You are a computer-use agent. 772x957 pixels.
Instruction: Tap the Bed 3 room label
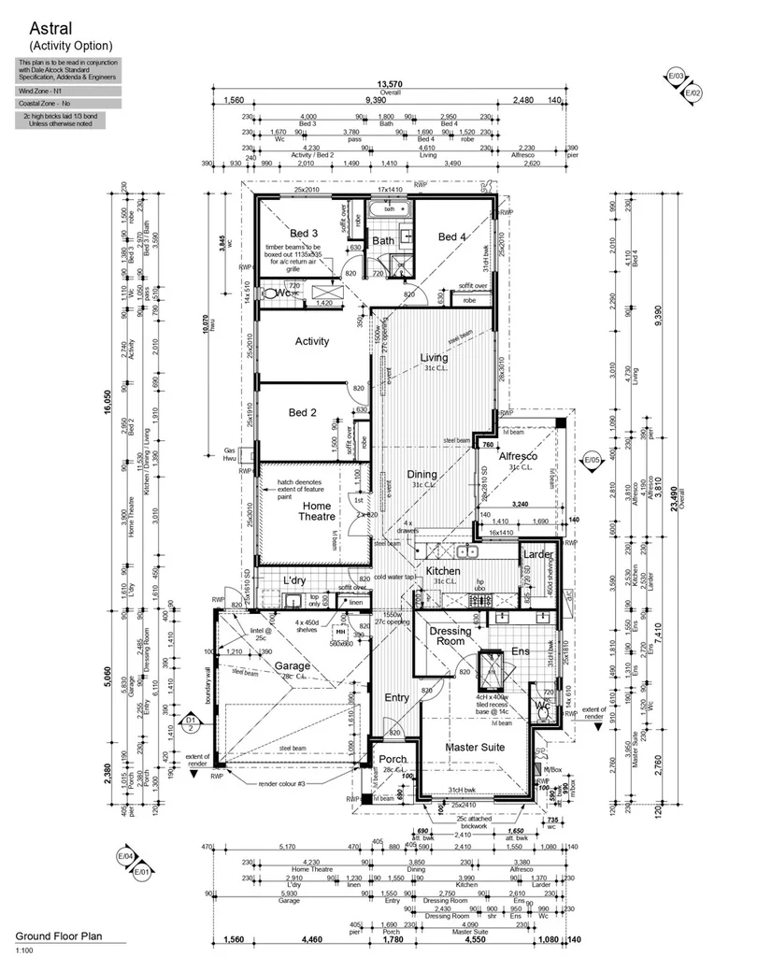tap(304, 233)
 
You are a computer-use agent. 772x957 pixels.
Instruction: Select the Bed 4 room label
tap(451, 237)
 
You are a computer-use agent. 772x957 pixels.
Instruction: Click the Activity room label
tap(311, 341)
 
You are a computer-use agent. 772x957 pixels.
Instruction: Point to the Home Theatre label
tap(317, 510)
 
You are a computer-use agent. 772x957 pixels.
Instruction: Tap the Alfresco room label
tap(516, 456)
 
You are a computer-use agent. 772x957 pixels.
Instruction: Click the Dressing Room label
tap(450, 636)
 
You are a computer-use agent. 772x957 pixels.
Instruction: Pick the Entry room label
tap(397, 697)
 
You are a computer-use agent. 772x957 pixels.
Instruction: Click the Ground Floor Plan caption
tap(57, 936)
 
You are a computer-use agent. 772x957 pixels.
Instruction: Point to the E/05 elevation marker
tap(591, 461)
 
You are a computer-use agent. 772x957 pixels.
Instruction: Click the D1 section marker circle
tap(190, 721)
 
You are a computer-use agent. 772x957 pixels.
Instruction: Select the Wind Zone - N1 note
tap(39, 91)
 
